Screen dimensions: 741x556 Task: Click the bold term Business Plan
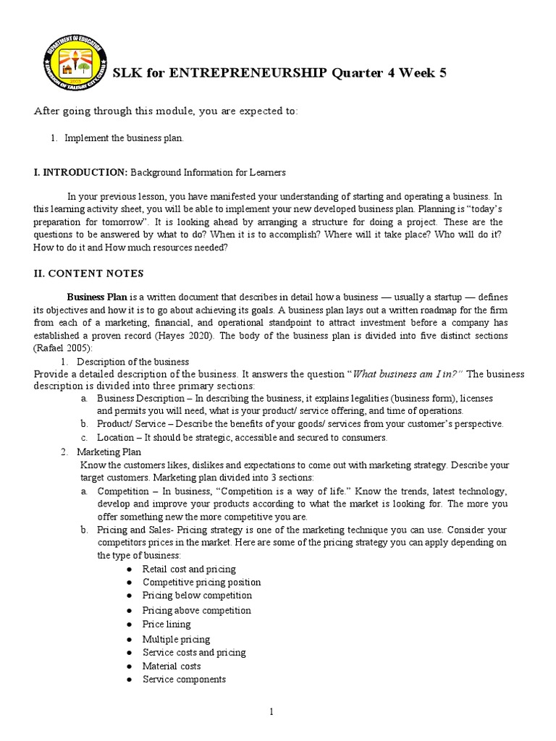[97, 297]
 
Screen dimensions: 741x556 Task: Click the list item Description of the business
[132, 361]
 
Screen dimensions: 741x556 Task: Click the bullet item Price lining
[167, 624]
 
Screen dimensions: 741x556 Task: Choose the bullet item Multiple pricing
[176, 639]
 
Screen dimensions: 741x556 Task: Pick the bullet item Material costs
[172, 666]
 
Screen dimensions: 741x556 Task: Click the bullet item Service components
[184, 679]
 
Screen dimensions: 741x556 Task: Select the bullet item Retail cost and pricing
[189, 569]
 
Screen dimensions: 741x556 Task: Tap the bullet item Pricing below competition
[197, 596]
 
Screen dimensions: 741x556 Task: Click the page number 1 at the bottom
[271, 712]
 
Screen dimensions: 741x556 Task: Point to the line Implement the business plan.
[124, 138]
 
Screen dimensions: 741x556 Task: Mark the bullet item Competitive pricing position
[201, 583]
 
